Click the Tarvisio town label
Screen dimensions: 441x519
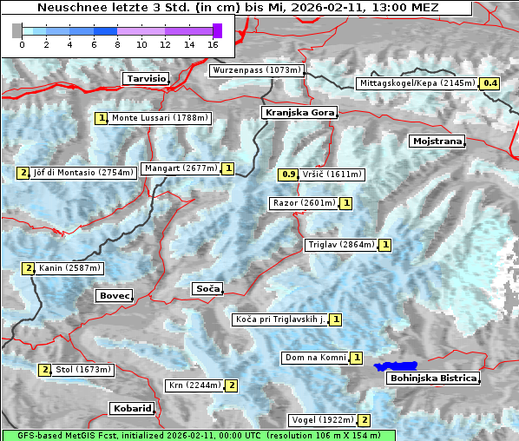point(145,78)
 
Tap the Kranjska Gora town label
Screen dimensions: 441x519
point(298,113)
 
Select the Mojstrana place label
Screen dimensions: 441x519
point(437,141)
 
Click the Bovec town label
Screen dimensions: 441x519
point(114,296)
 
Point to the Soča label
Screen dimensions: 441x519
point(207,288)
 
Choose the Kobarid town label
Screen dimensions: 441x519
point(132,408)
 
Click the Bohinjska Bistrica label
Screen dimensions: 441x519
point(432,378)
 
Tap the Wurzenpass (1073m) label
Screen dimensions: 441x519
point(257,70)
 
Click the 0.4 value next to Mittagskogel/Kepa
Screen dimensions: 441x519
point(490,83)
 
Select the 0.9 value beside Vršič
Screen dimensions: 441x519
point(289,174)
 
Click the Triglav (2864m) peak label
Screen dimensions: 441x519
point(341,245)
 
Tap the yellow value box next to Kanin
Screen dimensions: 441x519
point(29,268)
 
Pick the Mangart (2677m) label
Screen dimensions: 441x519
point(181,168)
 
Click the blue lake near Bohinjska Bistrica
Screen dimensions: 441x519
point(396,367)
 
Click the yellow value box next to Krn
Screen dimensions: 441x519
point(232,385)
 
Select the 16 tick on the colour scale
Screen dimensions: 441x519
point(214,43)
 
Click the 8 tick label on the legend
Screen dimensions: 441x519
point(117,43)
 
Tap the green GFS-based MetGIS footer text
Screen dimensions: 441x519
point(198,435)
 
